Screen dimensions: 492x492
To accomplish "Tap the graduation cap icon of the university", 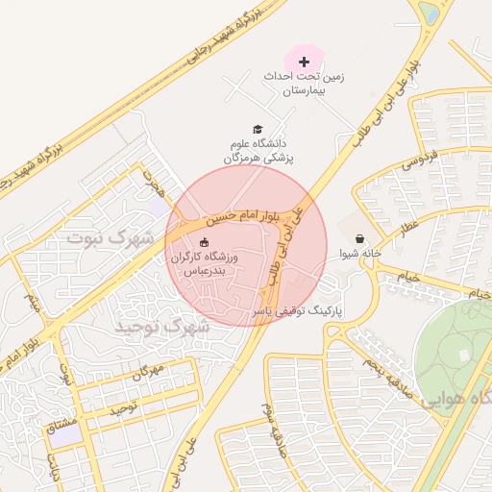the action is [x=257, y=129].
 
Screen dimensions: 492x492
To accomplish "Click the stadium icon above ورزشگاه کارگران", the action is [x=203, y=242].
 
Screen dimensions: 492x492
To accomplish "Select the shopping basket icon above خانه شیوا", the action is [x=359, y=238].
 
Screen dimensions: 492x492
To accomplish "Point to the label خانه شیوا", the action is [x=360, y=255].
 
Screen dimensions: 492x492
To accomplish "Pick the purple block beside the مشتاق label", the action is [x=66, y=434].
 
